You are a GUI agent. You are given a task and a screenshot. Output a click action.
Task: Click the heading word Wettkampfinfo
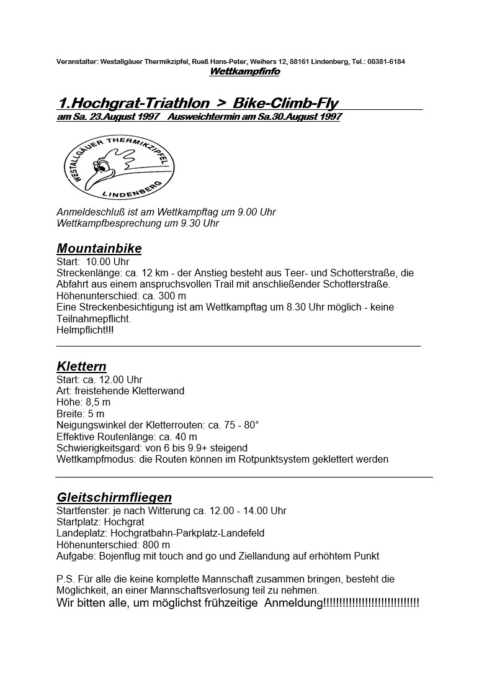[244, 71]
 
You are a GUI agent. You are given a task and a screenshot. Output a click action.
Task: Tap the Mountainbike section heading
[99, 248]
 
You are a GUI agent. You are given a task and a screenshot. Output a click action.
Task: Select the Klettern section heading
[82, 366]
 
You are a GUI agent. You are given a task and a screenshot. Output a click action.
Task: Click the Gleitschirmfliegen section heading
[114, 497]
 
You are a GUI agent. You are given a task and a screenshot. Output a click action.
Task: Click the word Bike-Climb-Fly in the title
[285, 102]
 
